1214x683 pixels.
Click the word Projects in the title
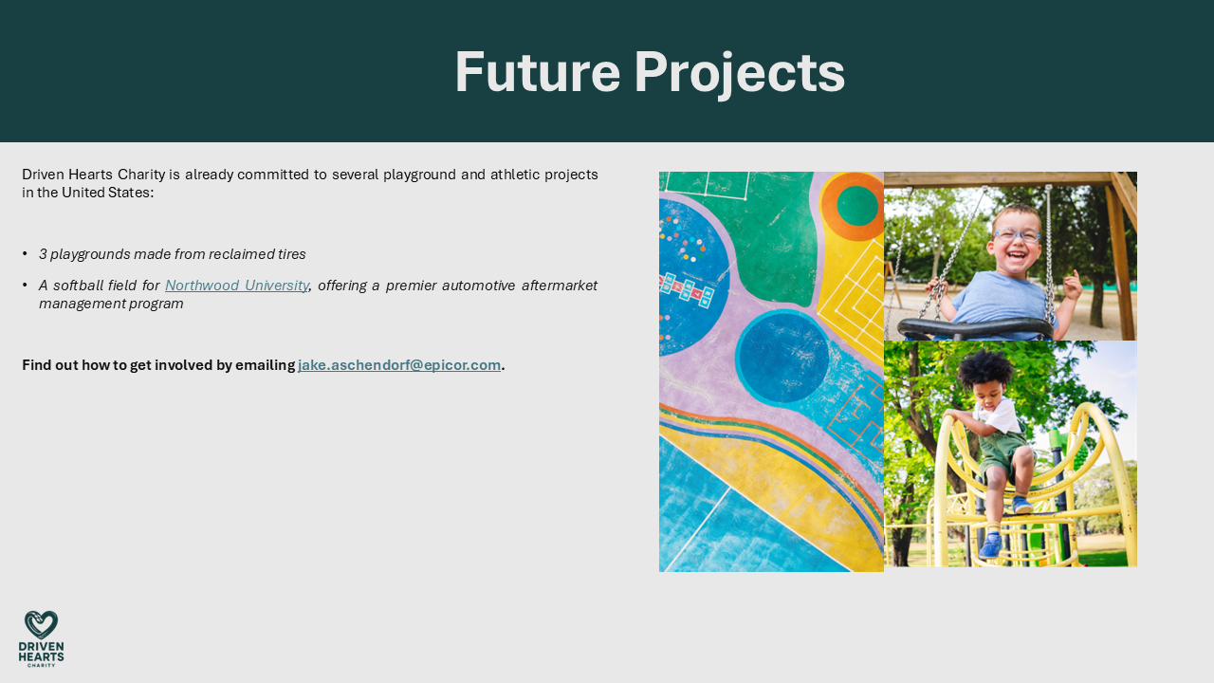tap(739, 73)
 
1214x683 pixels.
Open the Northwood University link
tap(237, 286)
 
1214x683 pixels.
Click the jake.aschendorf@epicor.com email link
tap(399, 365)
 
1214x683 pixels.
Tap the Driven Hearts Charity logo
tap(41, 637)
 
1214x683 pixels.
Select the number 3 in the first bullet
tap(43, 254)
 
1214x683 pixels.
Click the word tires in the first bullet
tap(288, 254)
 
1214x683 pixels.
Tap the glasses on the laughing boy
tap(1017, 234)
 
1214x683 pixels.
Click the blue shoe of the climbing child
tap(991, 545)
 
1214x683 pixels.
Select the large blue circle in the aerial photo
tap(782, 357)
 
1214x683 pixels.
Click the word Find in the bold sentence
tap(37, 365)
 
